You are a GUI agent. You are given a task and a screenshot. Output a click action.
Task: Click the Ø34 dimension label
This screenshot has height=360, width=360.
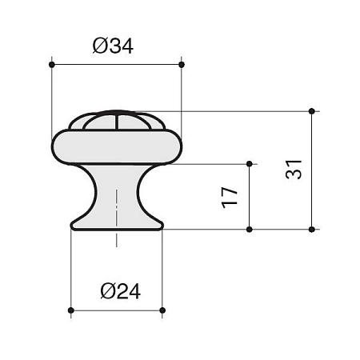tap(113, 46)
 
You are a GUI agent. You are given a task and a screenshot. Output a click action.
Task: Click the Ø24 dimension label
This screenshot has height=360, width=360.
tap(121, 291)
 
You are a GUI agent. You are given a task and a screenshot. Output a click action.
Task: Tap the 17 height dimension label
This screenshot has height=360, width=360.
tap(229, 198)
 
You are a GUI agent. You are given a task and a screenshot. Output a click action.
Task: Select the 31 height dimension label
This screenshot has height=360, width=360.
tap(294, 170)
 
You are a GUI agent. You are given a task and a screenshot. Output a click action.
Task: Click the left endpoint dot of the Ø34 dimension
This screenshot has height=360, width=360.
tap(52, 65)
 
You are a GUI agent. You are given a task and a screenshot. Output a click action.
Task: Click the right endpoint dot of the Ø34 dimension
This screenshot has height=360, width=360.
tap(182, 65)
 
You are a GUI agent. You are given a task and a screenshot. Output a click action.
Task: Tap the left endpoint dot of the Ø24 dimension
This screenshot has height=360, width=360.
tap(71, 310)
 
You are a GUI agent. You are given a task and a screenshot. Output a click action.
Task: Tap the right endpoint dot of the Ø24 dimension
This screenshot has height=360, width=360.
tap(162, 310)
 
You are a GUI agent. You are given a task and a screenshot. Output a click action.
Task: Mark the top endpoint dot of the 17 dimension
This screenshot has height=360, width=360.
tap(250, 164)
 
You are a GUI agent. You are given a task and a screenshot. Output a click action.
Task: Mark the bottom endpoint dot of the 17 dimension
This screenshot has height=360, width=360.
tap(250, 230)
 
